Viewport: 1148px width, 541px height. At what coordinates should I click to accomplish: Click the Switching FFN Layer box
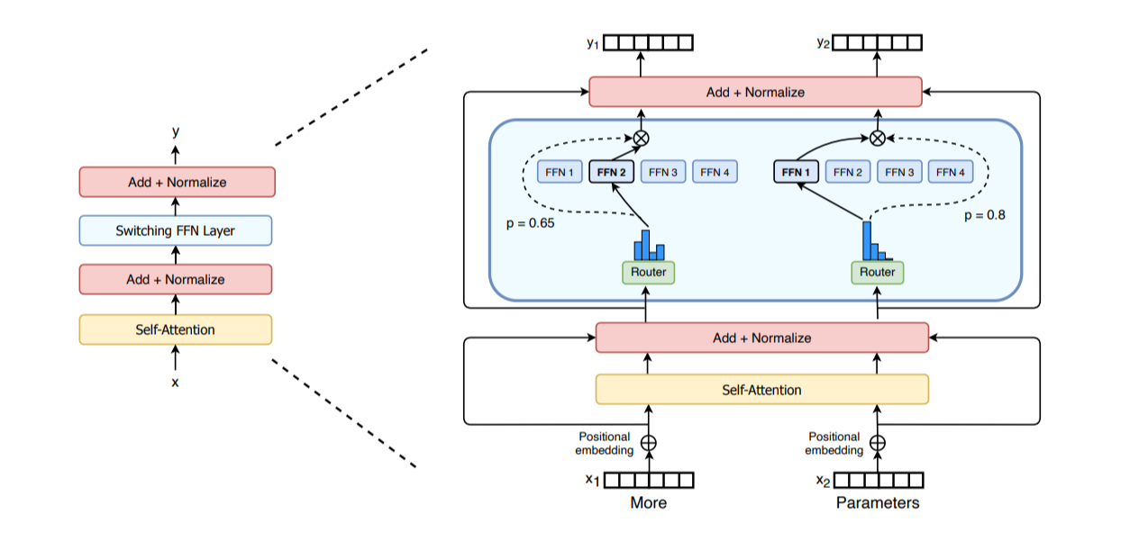175,230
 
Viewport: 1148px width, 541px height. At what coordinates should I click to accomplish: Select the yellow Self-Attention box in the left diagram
175,329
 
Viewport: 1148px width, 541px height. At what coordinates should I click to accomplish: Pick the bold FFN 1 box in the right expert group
796,171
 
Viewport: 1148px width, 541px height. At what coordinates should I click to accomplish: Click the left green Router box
648,272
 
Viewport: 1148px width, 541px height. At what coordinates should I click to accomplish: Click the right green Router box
877,272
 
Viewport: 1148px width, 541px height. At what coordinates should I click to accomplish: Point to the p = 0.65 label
529,221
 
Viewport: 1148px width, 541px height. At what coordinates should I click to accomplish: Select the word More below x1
648,502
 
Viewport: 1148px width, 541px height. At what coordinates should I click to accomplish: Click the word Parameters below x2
877,502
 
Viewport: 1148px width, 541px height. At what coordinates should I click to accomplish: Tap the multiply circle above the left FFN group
641,138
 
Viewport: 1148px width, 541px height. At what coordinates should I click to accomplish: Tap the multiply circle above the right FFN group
877,138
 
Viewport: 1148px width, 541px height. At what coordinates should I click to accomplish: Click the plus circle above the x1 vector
648,443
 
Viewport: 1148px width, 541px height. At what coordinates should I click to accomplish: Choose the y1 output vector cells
648,42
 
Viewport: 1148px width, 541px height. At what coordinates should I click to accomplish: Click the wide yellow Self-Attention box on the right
761,390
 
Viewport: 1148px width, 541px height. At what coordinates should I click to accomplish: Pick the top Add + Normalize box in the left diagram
177,182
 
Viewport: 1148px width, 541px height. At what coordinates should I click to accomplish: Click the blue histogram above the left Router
645,245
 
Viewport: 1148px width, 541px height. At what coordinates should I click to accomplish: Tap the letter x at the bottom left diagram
175,383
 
